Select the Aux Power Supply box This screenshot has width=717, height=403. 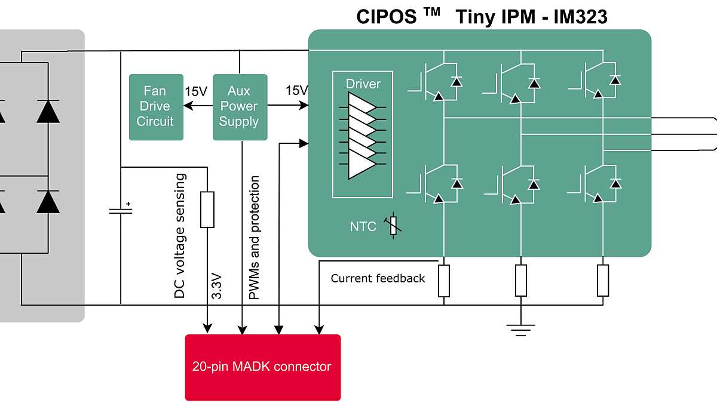(x=239, y=107)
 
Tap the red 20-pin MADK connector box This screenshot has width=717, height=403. (x=262, y=367)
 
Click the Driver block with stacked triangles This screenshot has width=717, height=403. (x=363, y=134)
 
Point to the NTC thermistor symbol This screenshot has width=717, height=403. (x=393, y=226)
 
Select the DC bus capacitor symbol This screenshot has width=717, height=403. (x=121, y=210)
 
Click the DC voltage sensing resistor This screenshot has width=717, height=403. (x=207, y=210)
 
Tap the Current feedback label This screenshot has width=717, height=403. (x=378, y=278)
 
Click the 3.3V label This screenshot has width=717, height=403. (x=217, y=286)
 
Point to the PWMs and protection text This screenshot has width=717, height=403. (x=254, y=238)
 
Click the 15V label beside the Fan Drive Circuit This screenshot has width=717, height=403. (x=196, y=91)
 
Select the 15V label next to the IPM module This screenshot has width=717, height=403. (x=296, y=91)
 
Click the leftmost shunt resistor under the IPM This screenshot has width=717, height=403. (x=444, y=281)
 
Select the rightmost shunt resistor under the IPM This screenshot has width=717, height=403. (x=603, y=281)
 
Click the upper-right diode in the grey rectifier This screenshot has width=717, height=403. (x=48, y=112)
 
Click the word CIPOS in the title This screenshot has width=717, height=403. (x=387, y=17)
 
